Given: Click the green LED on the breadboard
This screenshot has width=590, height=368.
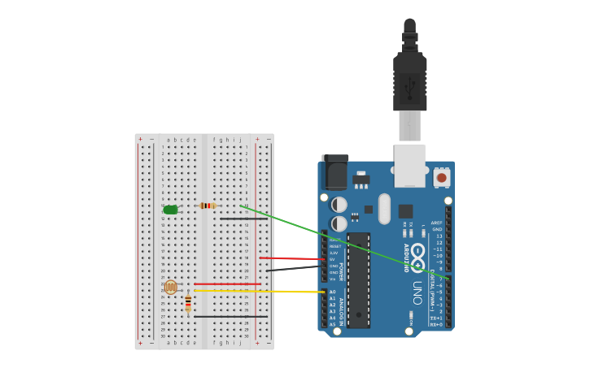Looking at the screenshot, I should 170,210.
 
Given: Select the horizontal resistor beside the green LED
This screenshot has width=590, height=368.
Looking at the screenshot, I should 208,206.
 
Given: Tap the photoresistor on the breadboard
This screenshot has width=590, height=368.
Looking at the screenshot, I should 170,287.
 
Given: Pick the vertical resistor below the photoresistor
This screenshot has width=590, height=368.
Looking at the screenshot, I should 188,303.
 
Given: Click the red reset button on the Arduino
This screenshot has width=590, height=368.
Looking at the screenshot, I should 441,176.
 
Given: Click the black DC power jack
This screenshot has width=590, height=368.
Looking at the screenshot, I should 334,172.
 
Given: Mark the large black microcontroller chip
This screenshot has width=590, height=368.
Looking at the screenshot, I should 358,279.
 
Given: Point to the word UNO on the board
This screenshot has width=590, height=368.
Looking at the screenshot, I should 417,293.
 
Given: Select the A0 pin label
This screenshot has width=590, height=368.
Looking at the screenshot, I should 332,292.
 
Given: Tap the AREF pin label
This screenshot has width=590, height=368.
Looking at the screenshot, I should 437,223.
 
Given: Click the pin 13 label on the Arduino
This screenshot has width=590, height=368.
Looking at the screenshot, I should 439,236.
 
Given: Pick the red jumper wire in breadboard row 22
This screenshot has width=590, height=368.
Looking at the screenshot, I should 227,284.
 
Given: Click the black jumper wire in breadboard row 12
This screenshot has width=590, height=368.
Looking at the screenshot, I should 243,219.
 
